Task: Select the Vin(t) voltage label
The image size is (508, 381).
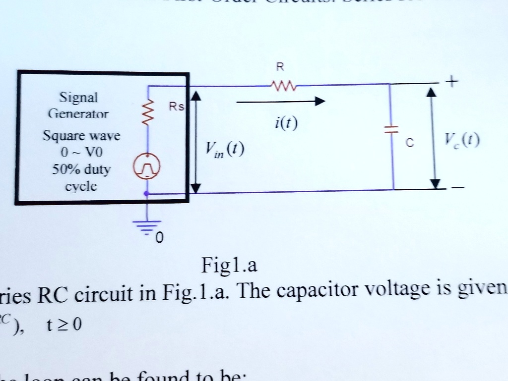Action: click(x=224, y=149)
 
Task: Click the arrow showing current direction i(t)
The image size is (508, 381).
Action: click(x=280, y=102)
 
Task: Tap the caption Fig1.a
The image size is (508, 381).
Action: click(x=229, y=266)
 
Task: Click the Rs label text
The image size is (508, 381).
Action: click(x=176, y=108)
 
